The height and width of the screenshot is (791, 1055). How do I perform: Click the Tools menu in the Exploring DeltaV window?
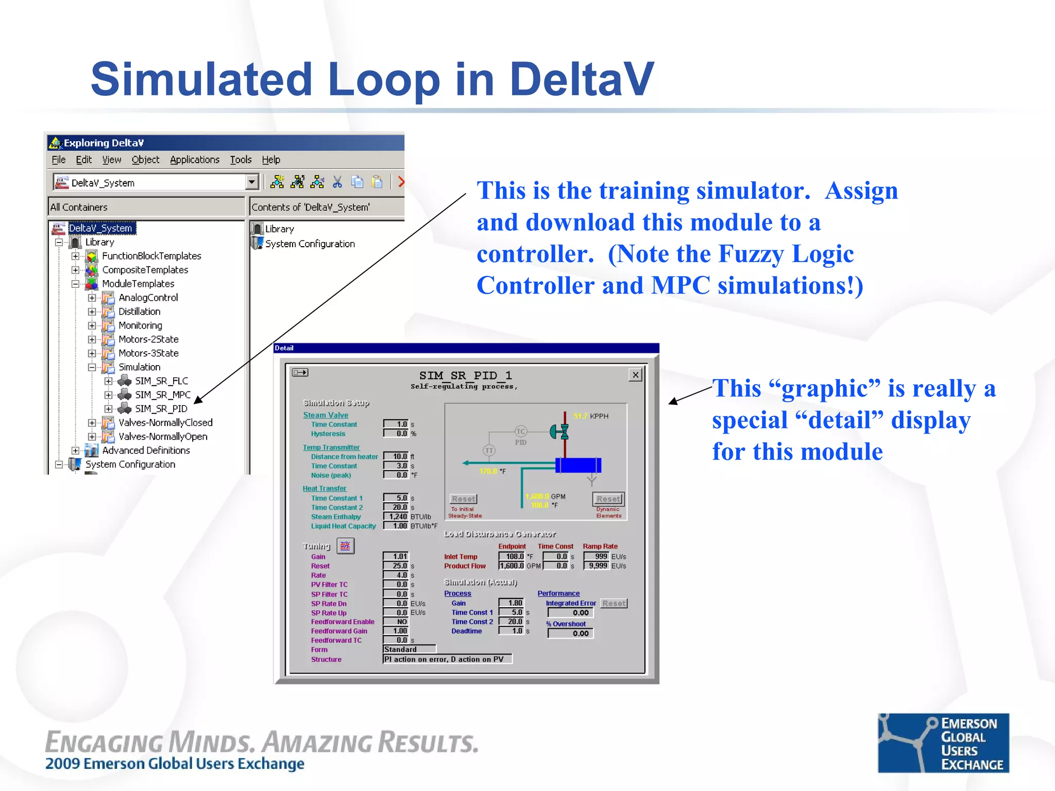[241, 160]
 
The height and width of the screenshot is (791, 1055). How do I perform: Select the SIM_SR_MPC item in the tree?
[162, 395]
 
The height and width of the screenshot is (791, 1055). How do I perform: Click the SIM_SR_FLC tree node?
[161, 381]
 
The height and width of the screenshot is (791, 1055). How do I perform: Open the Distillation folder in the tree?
[139, 312]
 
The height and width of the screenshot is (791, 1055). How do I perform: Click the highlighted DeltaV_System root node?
[101, 228]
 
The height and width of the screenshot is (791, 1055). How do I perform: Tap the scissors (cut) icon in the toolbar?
[337, 182]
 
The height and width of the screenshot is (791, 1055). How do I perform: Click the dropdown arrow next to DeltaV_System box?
[251, 182]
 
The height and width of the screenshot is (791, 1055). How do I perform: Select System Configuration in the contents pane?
[309, 244]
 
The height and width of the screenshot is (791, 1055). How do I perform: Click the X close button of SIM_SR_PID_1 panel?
[636, 375]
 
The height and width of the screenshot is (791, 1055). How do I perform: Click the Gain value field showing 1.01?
[396, 556]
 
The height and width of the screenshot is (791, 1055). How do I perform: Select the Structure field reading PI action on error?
[447, 659]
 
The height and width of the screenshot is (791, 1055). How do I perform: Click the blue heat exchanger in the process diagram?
[578, 465]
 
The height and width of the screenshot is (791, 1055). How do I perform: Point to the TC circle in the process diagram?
[521, 432]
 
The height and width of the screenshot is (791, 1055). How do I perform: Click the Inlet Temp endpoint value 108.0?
[512, 556]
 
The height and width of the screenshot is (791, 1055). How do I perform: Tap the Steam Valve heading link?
[326, 415]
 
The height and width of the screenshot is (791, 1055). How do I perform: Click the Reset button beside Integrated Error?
[614, 603]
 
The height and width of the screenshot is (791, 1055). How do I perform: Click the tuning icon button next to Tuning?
[345, 546]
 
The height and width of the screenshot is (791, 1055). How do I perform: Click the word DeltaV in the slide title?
[581, 80]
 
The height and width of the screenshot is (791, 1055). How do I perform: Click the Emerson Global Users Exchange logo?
[943, 743]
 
